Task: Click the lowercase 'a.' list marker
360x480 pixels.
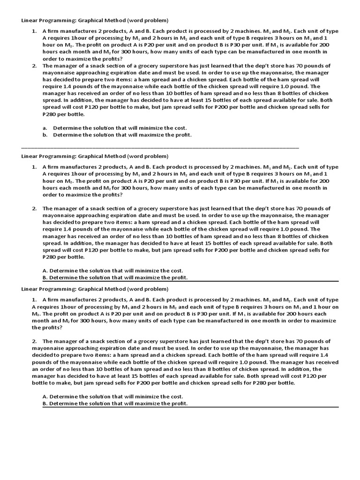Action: (x=45, y=127)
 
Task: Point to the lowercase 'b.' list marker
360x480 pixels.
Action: (x=45, y=135)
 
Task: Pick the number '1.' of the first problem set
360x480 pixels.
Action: (x=34, y=31)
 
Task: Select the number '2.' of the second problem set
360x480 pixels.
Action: (x=34, y=209)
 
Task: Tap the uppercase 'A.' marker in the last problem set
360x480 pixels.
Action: (x=45, y=396)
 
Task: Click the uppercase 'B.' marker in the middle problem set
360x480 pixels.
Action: (x=45, y=277)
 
